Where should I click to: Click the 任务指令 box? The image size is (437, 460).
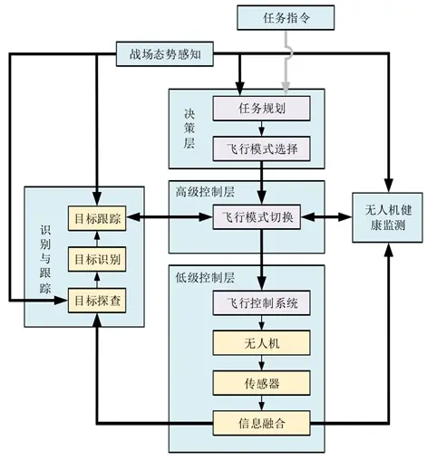tap(286, 18)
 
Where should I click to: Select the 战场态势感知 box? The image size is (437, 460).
tap(165, 54)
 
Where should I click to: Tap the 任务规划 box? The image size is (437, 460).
tap(262, 109)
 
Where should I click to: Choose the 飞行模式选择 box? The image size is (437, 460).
tap(262, 149)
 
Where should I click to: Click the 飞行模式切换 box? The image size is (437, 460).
tap(257, 217)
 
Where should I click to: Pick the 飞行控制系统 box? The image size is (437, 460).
tap(262, 302)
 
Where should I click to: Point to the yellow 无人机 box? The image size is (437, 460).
tap(262, 343)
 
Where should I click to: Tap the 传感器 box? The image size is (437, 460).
tap(262, 383)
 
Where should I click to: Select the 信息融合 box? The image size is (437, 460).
tap(262, 423)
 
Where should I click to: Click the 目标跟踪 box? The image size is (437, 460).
tap(97, 218)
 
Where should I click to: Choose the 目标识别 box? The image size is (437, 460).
tap(97, 259)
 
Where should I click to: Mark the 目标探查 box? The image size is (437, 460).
tap(97, 301)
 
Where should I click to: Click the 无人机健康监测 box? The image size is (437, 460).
tap(388, 217)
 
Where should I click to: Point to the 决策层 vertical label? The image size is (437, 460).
tap(189, 129)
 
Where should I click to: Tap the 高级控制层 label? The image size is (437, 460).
tap(205, 192)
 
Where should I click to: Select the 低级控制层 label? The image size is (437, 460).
tap(205, 278)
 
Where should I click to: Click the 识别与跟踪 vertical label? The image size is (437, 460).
tap(45, 260)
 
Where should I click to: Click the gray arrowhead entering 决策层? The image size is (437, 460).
tap(286, 87)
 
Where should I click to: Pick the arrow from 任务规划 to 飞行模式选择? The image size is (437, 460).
tap(262, 129)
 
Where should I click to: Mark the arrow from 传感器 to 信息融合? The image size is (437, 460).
tap(262, 403)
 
